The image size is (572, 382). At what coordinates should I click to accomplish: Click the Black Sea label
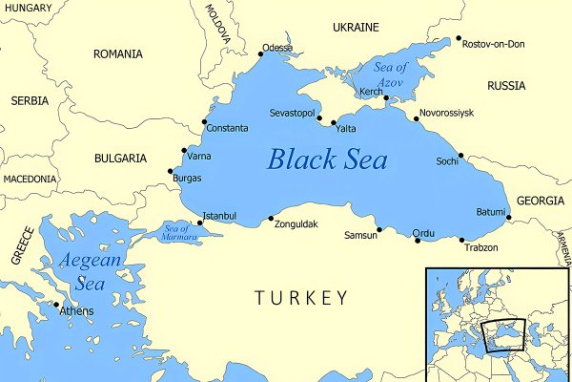pyautogui.click(x=327, y=159)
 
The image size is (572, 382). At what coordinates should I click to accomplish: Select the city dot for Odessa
pyautogui.click(x=260, y=54)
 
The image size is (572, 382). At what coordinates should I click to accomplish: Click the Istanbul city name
pyautogui.click(x=219, y=216)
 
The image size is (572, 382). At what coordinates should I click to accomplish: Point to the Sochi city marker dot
pyautogui.click(x=460, y=156)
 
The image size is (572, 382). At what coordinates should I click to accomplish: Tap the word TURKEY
pyautogui.click(x=301, y=299)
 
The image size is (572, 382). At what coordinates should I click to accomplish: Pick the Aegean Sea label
pyautogui.click(x=90, y=271)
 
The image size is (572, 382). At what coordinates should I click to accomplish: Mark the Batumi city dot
pyautogui.click(x=508, y=218)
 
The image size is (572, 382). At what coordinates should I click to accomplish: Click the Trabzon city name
pyautogui.click(x=480, y=248)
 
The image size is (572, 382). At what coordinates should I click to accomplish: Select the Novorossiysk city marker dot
pyautogui.click(x=417, y=119)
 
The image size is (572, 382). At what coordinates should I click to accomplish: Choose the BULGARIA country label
pyautogui.click(x=120, y=158)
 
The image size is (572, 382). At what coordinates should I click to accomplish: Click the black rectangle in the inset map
pyautogui.click(x=505, y=336)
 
